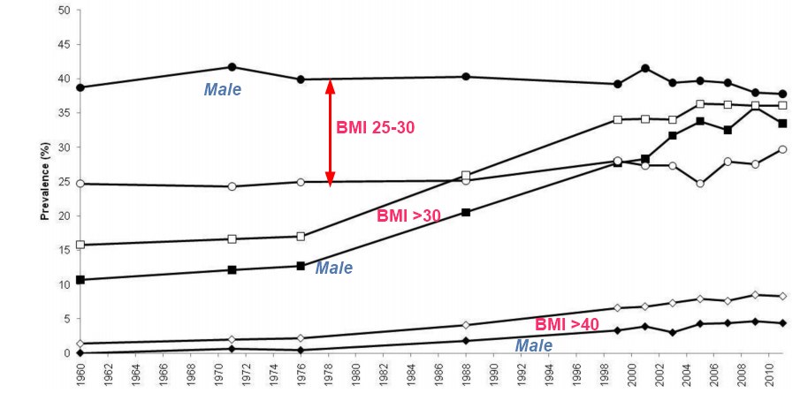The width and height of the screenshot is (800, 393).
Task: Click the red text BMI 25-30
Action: pyautogui.click(x=375, y=127)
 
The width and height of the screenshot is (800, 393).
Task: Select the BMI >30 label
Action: pyautogui.click(x=408, y=215)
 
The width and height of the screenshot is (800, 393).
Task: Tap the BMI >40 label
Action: pyautogui.click(x=568, y=324)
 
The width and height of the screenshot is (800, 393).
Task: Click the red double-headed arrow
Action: pyautogui.click(x=330, y=132)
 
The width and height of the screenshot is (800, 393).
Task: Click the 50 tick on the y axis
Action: pyautogui.click(x=64, y=11)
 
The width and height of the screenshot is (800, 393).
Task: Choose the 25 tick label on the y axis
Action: pyautogui.click(x=64, y=182)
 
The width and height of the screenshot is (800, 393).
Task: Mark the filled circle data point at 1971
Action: pyautogui.click(x=232, y=67)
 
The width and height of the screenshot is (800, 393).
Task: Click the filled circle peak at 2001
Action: pyautogui.click(x=645, y=68)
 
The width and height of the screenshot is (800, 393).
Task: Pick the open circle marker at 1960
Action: pyautogui.click(x=80, y=184)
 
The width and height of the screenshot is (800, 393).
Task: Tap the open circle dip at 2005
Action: pyautogui.click(x=700, y=184)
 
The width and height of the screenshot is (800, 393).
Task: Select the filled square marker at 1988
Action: pyautogui.click(x=466, y=212)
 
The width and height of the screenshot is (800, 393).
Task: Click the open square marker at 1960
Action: pyautogui.click(x=80, y=245)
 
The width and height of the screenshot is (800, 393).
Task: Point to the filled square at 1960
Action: pyautogui.click(x=80, y=280)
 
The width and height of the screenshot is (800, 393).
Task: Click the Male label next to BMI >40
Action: pyautogui.click(x=534, y=345)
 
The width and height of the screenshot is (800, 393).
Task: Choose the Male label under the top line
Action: pyautogui.click(x=223, y=89)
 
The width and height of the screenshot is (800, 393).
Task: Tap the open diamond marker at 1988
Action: pyautogui.click(x=466, y=325)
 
